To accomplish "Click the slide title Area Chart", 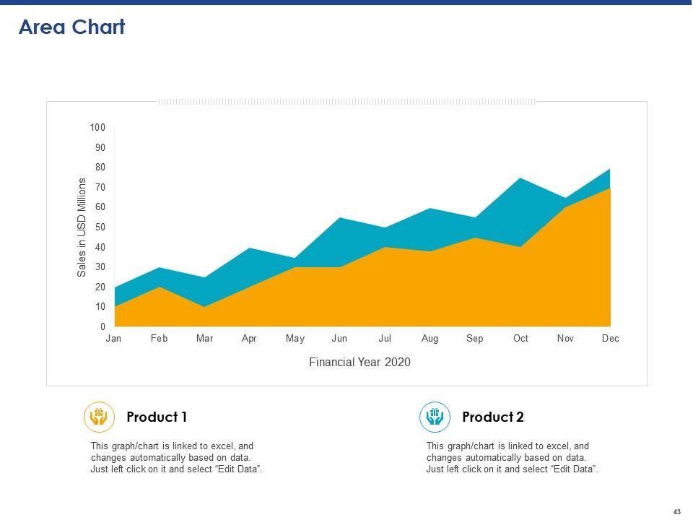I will [71, 27].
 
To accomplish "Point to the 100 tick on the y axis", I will [97, 128].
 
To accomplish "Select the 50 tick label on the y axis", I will [100, 227].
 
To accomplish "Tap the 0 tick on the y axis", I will [103, 327].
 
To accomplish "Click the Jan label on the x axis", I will [113, 339].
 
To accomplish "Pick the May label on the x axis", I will [295, 339].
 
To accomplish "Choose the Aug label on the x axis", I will [430, 339].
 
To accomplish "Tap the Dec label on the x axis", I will [610, 339].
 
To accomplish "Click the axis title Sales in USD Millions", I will [82, 227].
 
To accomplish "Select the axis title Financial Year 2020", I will [359, 363].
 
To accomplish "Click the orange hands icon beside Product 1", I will [100, 417].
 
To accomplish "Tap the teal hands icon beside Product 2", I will [435, 417].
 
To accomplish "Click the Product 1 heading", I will [157, 417].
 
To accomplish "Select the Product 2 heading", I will [493, 417].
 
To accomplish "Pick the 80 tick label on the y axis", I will [100, 168].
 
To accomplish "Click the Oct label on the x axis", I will [520, 339].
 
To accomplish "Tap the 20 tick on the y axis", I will [100, 287].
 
